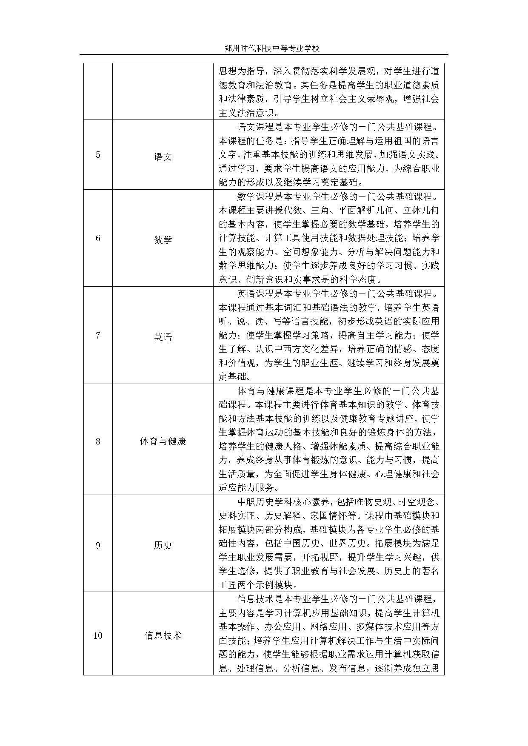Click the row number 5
coord(98,155)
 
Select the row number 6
coord(98,238)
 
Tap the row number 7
coord(98,336)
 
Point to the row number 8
coord(98,441)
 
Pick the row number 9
coord(98,545)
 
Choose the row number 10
coord(98,636)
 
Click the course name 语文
coord(163,156)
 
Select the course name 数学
coord(163,239)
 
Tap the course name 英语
coord(163,337)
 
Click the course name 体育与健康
coord(163,441)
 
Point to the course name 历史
coord(163,545)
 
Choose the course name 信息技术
coord(163,636)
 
